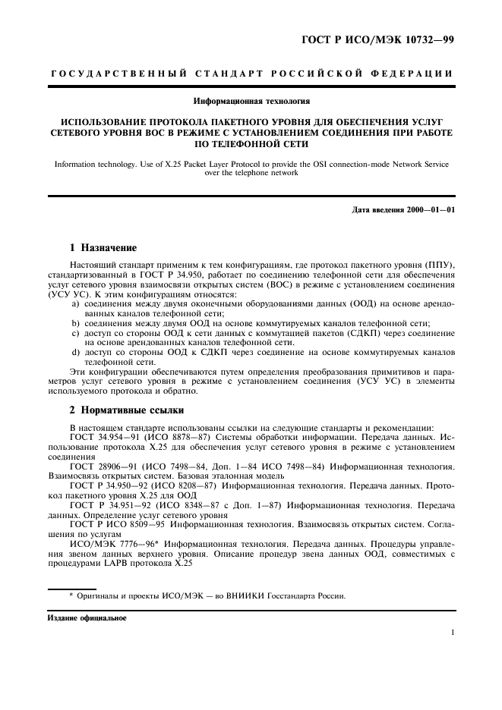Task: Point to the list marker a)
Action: point(76,303)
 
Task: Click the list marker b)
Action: point(76,323)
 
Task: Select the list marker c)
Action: point(76,333)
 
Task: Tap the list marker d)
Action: point(76,353)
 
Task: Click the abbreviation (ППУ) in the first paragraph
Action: point(437,263)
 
